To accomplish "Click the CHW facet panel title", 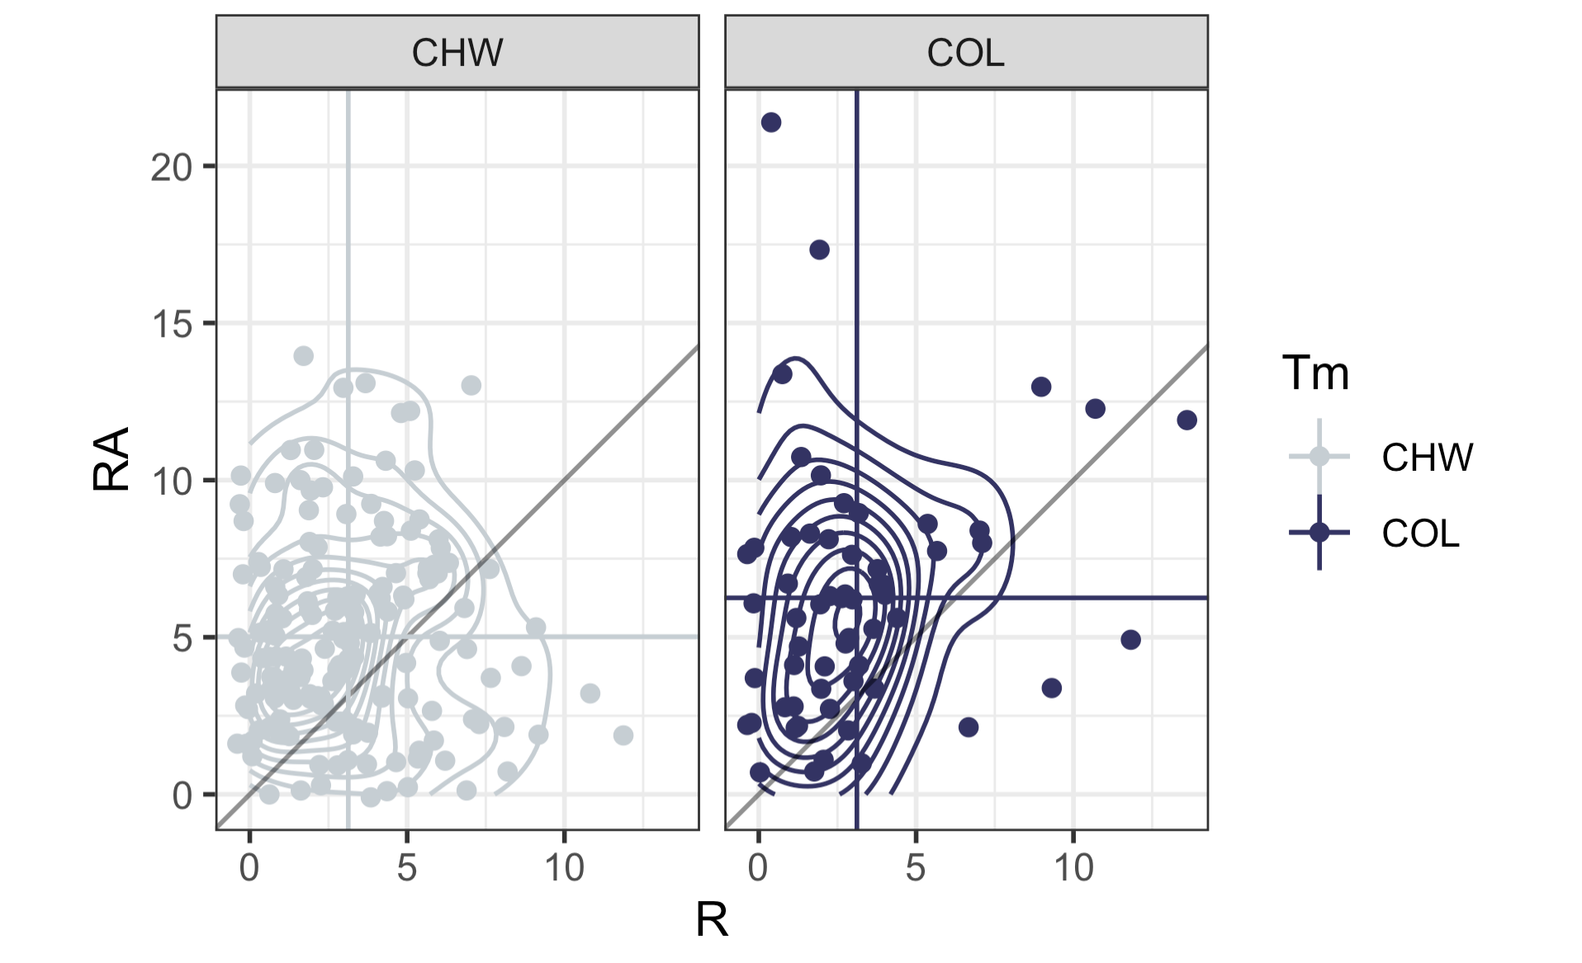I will (x=457, y=54).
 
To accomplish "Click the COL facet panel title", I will (x=965, y=54).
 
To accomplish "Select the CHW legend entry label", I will (x=1427, y=458).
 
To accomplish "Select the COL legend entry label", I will (x=1420, y=534).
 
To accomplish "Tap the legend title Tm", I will (x=1315, y=373).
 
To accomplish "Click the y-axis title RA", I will (x=111, y=459).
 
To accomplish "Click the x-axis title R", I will (x=712, y=920).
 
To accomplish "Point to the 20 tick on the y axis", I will (x=172, y=168).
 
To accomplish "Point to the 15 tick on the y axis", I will (x=172, y=325).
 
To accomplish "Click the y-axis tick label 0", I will (x=182, y=795).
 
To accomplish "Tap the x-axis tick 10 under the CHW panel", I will (x=565, y=868).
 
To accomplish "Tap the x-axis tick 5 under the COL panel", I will (x=916, y=868).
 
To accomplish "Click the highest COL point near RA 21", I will (x=771, y=123).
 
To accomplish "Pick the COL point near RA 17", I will (x=819, y=249).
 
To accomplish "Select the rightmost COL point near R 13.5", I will (x=1186, y=420).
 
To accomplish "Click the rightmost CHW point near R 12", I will (x=623, y=735).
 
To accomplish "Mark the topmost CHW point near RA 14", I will (x=304, y=356).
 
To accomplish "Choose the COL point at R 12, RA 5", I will (x=1130, y=639).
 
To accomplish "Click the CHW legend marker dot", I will (x=1319, y=456).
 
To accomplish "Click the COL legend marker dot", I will (x=1319, y=533).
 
